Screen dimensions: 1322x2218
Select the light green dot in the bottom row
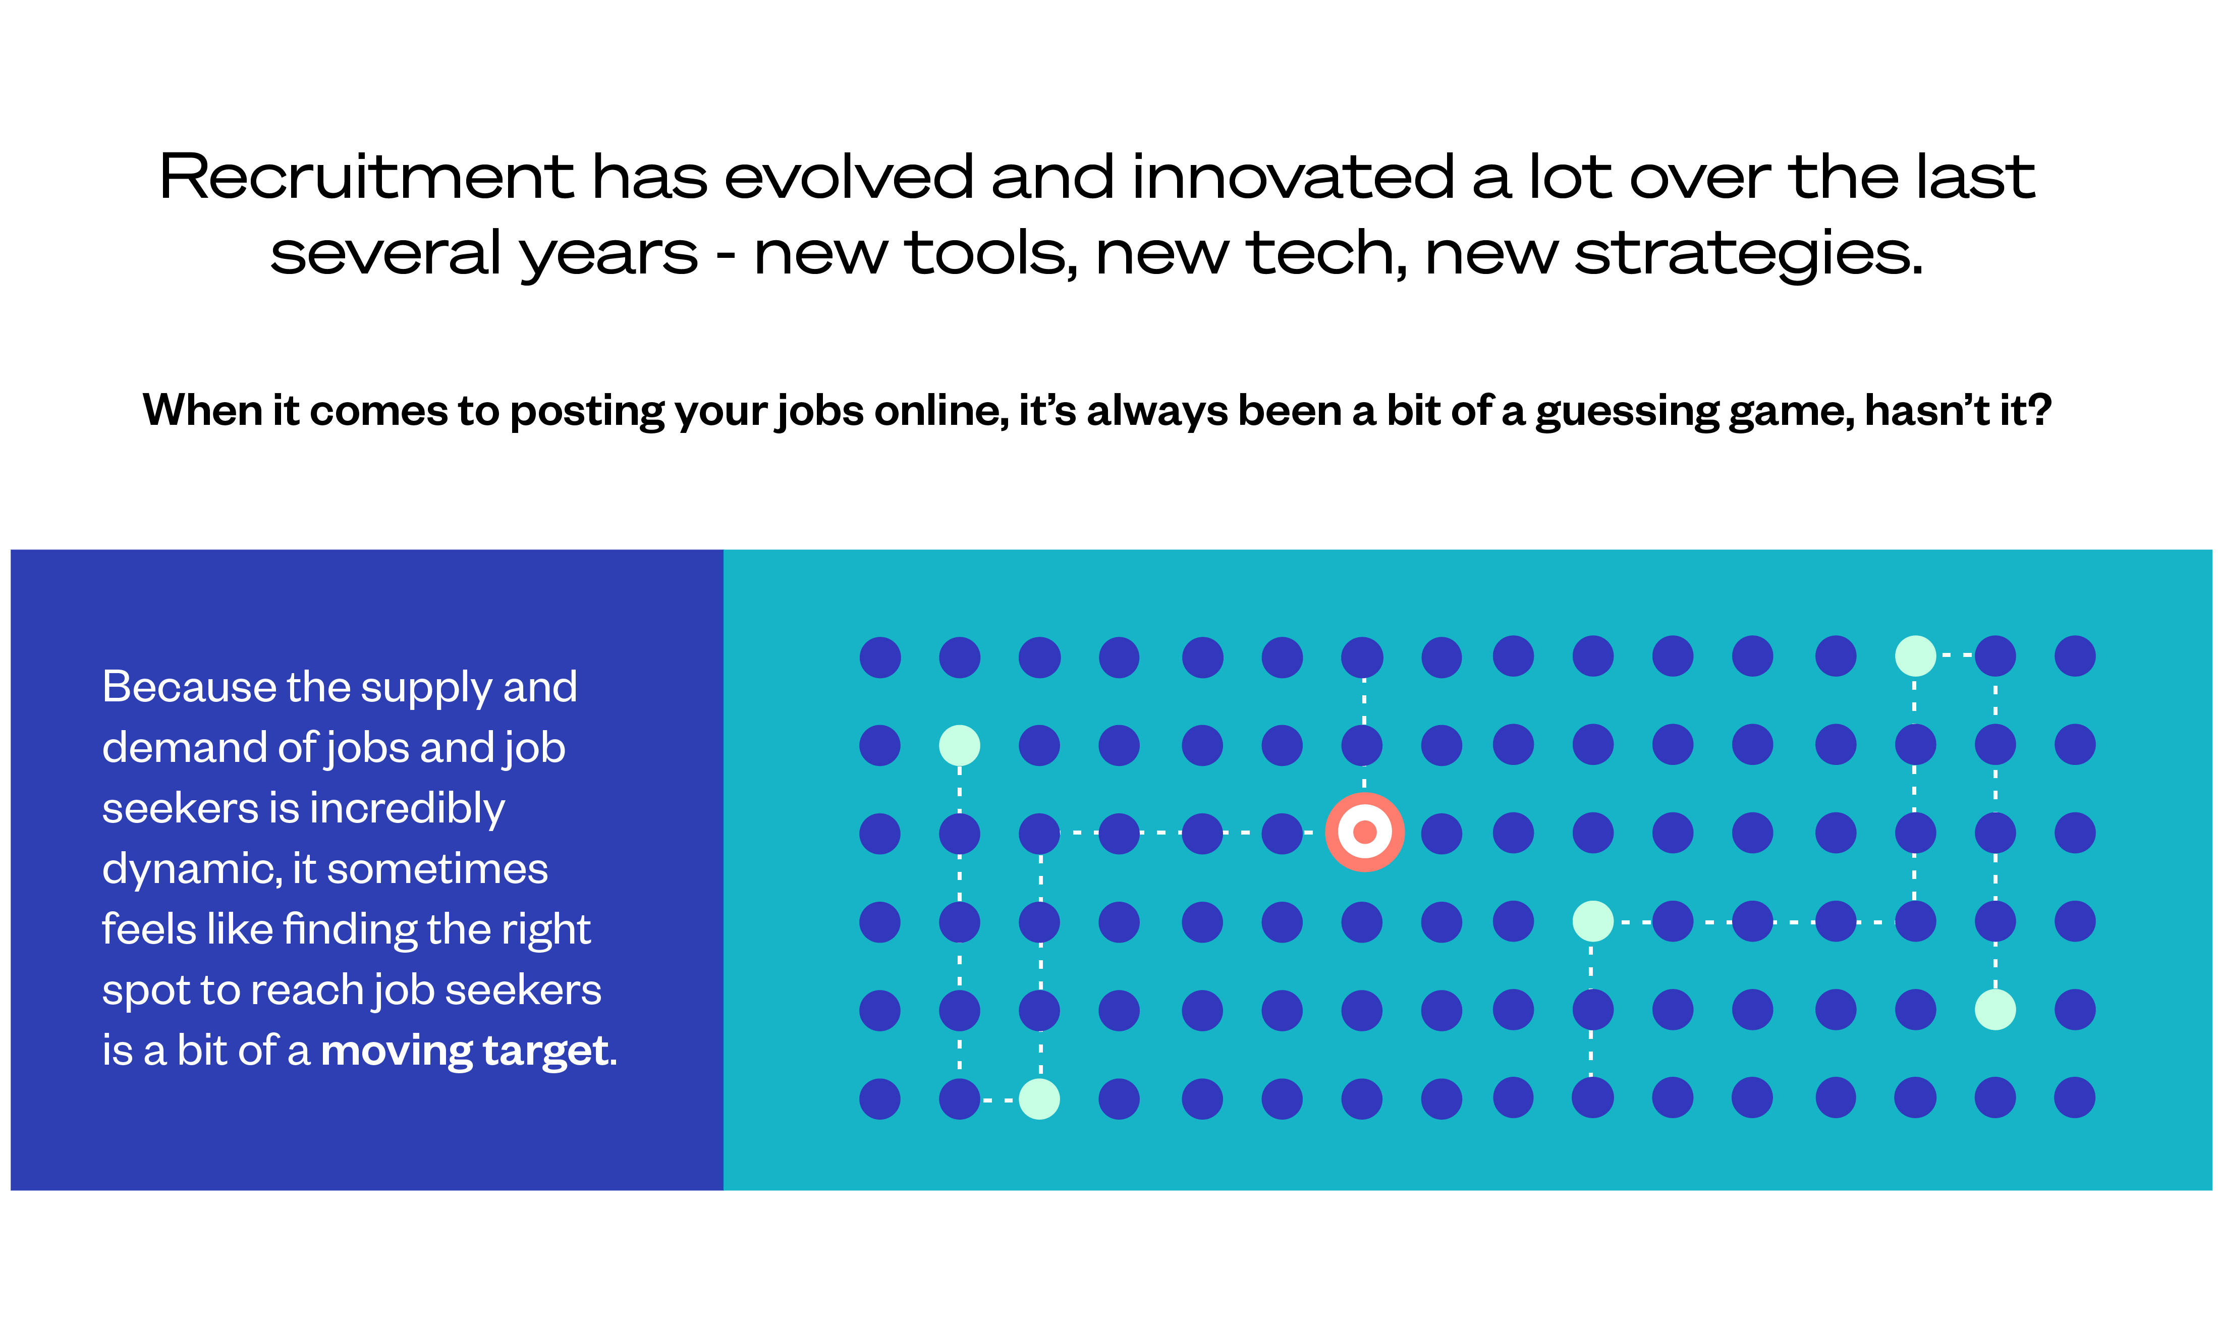pyautogui.click(x=1039, y=1098)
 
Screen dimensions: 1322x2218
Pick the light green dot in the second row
pyautogui.click(x=959, y=745)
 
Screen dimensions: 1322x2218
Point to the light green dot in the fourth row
pyautogui.click(x=1593, y=921)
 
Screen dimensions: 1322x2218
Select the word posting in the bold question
pyautogui.click(x=587, y=412)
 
